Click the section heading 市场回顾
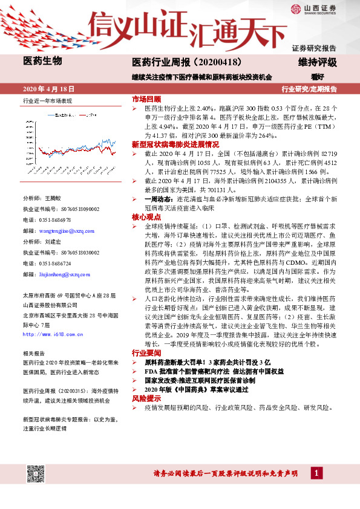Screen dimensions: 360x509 pyautogui.click(x=146, y=99)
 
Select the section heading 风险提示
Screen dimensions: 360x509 pyautogui.click(x=146, y=400)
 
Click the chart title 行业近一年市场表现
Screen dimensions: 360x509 pyautogui.click(x=47, y=101)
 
